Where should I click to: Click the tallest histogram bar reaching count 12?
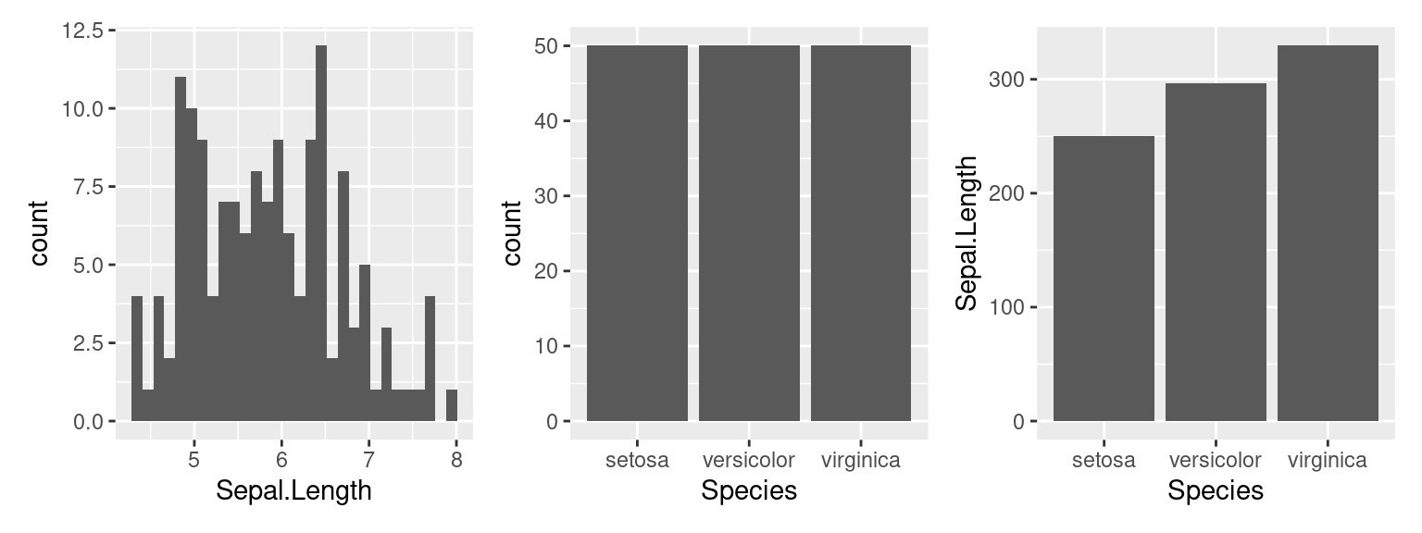click(x=321, y=231)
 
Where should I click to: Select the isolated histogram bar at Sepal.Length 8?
click(x=452, y=405)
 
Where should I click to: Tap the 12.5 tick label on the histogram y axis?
click(x=82, y=31)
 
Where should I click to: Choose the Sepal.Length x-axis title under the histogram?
click(x=293, y=490)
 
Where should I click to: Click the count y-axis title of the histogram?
click(x=40, y=233)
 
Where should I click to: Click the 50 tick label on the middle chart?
click(x=544, y=46)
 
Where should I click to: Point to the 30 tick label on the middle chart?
click(x=544, y=196)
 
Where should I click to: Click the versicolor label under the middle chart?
click(x=749, y=460)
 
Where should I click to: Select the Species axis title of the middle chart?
click(x=749, y=490)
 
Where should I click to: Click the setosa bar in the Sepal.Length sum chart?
click(x=1104, y=278)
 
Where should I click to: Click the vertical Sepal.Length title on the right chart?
click(x=967, y=233)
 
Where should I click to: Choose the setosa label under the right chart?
click(x=1104, y=460)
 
